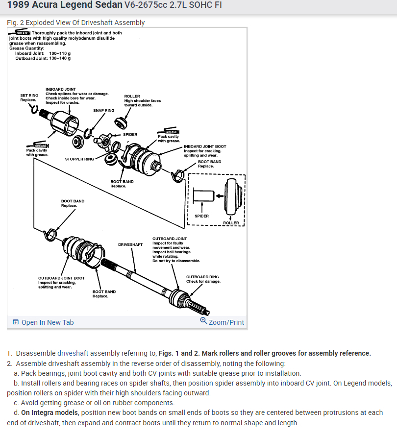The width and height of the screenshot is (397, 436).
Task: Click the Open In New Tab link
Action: (x=48, y=322)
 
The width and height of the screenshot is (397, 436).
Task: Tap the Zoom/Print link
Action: (x=226, y=322)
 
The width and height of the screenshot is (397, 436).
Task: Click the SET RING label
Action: (x=29, y=96)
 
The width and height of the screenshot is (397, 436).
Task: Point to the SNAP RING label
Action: (x=103, y=111)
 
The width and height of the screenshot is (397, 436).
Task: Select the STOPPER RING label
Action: (x=79, y=159)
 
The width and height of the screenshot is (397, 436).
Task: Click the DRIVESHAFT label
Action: (x=130, y=244)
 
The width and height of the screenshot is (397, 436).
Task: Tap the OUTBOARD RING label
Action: (x=202, y=277)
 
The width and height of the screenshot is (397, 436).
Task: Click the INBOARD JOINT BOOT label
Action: (x=205, y=146)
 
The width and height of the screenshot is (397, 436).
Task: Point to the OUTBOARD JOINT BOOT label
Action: (x=61, y=278)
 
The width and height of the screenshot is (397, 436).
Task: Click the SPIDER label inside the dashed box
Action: (x=201, y=216)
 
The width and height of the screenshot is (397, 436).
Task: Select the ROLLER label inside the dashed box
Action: (x=231, y=223)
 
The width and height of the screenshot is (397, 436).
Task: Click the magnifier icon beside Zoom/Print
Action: (x=203, y=321)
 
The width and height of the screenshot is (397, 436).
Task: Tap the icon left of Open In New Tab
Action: (x=16, y=322)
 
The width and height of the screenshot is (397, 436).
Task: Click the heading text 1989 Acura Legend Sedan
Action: (x=65, y=8)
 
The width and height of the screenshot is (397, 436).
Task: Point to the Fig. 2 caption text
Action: (x=76, y=23)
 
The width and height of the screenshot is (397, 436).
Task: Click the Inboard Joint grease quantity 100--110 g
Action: (x=60, y=53)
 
